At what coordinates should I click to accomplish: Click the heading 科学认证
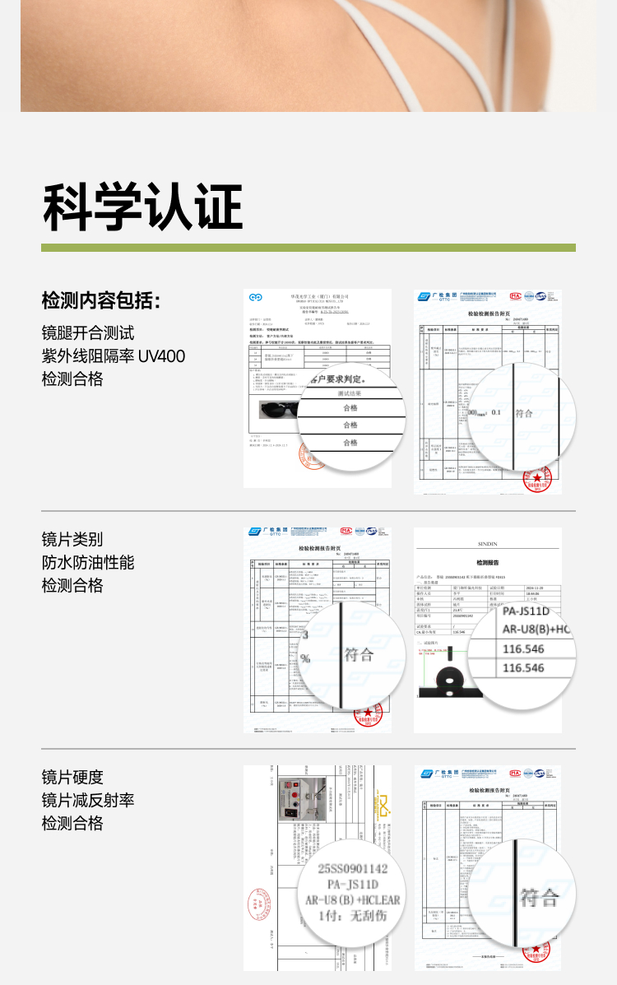point(142,207)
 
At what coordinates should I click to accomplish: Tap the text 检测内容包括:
point(100,300)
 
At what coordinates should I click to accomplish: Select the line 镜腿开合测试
point(88,333)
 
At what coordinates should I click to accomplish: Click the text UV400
point(161,356)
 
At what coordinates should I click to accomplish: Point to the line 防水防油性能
point(88,563)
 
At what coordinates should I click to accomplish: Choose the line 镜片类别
point(72,540)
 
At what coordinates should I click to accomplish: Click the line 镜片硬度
point(72,778)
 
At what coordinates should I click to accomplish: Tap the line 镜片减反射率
point(88,801)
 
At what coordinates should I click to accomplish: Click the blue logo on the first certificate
point(256,297)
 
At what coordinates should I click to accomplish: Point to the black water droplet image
point(448,680)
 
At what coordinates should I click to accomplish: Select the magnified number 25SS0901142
point(352,868)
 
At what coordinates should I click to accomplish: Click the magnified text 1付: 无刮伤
point(352,915)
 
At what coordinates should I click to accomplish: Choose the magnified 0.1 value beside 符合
point(495,412)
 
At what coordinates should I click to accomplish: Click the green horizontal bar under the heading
point(308,247)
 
